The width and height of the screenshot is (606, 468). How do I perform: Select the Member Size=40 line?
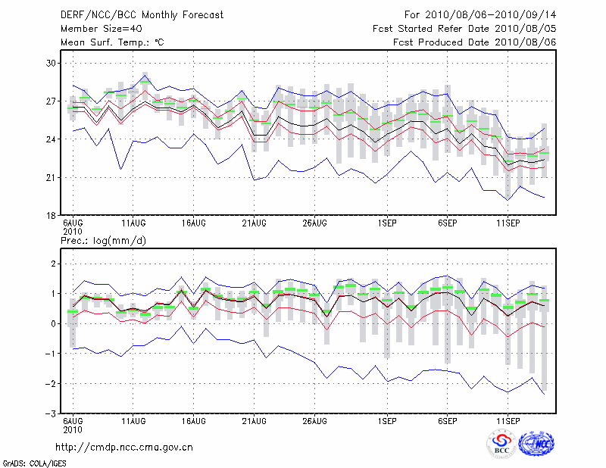pos(96,29)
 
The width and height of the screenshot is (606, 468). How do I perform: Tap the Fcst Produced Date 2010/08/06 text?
pos(474,42)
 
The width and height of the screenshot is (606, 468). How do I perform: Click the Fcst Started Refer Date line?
pos(464,29)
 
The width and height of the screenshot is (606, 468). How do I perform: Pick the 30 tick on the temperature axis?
pos(52,63)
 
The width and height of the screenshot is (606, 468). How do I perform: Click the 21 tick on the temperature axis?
pos(52,177)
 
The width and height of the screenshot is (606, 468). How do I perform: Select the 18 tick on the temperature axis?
pos(52,215)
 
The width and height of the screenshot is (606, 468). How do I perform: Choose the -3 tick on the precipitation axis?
pos(51,414)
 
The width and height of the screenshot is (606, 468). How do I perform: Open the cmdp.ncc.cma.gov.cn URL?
pos(125,448)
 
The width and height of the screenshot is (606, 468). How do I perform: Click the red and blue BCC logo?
pos(501,443)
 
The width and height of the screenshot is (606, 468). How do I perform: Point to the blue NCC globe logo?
pos(536,443)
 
